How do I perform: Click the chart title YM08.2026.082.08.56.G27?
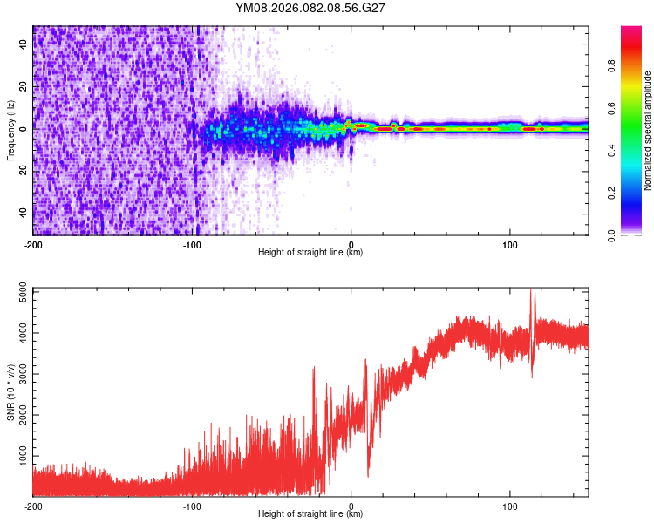(x=310, y=9)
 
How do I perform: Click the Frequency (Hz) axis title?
(x=10, y=131)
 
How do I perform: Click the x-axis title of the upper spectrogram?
(x=310, y=253)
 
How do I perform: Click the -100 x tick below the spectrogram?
(x=192, y=243)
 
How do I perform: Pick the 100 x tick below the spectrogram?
(x=509, y=243)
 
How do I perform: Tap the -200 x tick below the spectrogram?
(x=33, y=243)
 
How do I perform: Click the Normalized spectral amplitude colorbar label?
(x=648, y=131)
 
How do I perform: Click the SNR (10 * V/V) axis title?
(x=10, y=392)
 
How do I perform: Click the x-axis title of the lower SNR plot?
(x=310, y=514)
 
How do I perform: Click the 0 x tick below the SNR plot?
(x=351, y=505)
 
